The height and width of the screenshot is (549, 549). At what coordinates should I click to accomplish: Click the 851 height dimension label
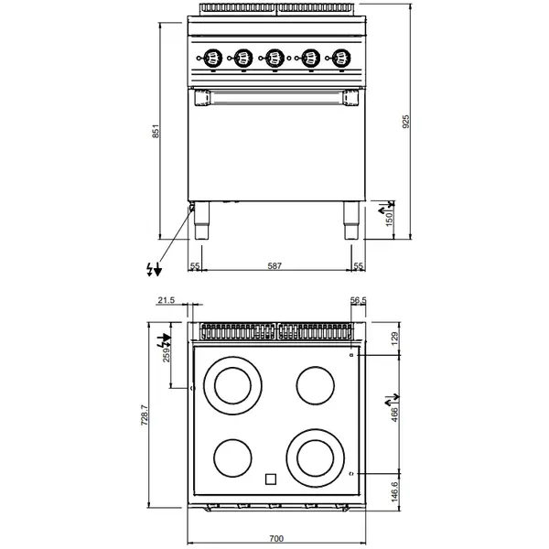click(156, 133)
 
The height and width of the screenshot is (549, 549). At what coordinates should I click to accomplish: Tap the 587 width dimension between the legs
click(274, 265)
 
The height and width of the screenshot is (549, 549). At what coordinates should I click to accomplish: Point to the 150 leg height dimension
click(388, 220)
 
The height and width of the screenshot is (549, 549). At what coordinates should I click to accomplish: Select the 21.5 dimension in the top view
click(167, 300)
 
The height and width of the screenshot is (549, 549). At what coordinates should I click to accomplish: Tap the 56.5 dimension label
click(358, 300)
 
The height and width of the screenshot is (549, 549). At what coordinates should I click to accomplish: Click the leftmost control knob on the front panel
click(211, 58)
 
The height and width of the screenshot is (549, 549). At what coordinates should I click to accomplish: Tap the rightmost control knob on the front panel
click(341, 58)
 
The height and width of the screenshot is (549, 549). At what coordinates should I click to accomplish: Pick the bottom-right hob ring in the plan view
click(314, 454)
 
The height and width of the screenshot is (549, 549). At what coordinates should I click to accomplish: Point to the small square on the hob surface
click(271, 478)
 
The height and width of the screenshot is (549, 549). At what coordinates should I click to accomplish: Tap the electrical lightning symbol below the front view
click(154, 268)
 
